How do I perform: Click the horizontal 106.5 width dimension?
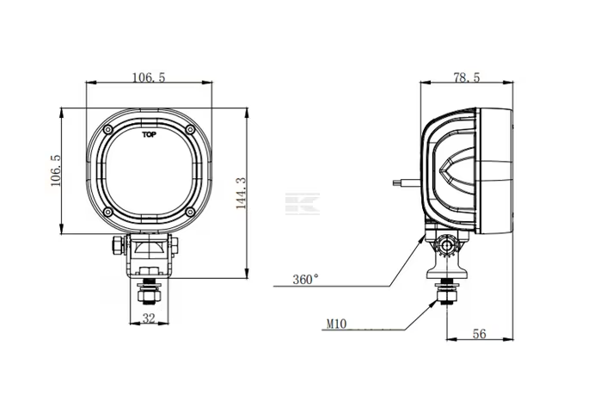point(149,77)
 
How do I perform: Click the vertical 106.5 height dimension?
point(56,170)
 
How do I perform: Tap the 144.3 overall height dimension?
point(241,193)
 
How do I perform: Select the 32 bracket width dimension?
point(149,318)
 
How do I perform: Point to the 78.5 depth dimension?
point(466,77)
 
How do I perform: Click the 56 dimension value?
point(479,334)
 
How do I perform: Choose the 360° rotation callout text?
point(306,280)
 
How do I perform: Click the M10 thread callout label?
point(336,324)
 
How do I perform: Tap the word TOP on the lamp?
point(149,134)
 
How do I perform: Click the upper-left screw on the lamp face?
point(108,130)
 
